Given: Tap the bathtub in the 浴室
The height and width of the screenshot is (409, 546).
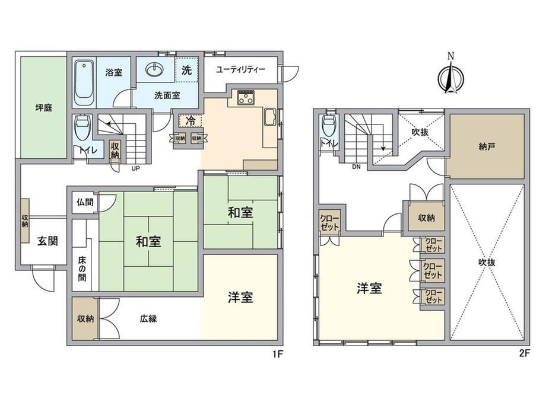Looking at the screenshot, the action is [84, 84].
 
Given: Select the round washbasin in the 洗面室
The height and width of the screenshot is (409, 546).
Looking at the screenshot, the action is [154, 70].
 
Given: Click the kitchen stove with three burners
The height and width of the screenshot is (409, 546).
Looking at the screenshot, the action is [246, 97].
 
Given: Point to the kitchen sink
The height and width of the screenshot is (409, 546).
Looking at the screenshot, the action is [270, 117].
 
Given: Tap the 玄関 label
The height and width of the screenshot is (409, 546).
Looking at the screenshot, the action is [47, 241].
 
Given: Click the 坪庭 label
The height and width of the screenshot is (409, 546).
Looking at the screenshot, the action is [44, 108].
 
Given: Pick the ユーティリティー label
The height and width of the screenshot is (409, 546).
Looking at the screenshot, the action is [240, 69].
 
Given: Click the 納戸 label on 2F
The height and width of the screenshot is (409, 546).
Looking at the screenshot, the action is [487, 147].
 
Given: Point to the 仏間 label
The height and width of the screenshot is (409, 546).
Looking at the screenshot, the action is [85, 202].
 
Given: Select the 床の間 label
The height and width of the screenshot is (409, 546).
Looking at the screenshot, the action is [82, 269].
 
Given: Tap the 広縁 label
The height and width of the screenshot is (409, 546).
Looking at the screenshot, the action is [148, 318].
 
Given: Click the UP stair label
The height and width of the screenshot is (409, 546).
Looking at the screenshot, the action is [135, 168].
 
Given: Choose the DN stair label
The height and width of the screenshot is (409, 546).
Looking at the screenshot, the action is [356, 167].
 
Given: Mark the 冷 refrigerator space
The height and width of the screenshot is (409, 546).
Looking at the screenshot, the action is [191, 122].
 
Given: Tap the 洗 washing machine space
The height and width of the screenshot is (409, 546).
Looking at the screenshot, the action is [186, 70].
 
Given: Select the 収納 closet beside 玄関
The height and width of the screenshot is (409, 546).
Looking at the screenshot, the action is [25, 220].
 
